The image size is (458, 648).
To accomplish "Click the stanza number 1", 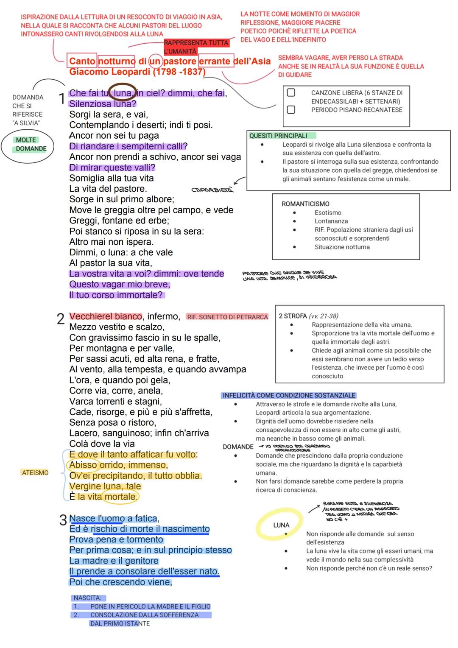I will [x=61, y=99].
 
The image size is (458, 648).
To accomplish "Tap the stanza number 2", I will [x=60, y=318].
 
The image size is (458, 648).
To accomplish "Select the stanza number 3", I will [x=63, y=520].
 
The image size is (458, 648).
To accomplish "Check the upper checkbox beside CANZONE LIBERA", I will [x=291, y=92].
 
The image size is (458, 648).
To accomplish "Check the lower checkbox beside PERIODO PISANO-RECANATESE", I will [x=291, y=110].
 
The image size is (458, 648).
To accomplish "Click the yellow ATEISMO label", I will [x=35, y=473].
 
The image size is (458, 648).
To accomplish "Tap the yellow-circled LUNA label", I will [x=281, y=525].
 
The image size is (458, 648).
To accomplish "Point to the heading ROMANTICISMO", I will [x=305, y=204].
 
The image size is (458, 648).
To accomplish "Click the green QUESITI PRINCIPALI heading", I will [x=278, y=136].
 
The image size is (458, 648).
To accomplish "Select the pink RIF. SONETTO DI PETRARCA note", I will [x=227, y=317].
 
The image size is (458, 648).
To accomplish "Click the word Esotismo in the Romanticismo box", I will [x=328, y=213].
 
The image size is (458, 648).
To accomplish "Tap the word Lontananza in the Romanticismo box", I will [x=331, y=221].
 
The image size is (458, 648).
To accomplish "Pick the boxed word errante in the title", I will [x=216, y=61].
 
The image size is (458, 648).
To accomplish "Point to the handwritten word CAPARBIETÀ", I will [x=212, y=190].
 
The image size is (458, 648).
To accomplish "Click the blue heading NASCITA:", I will [x=87, y=598].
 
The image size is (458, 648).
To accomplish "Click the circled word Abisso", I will [x=83, y=465].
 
